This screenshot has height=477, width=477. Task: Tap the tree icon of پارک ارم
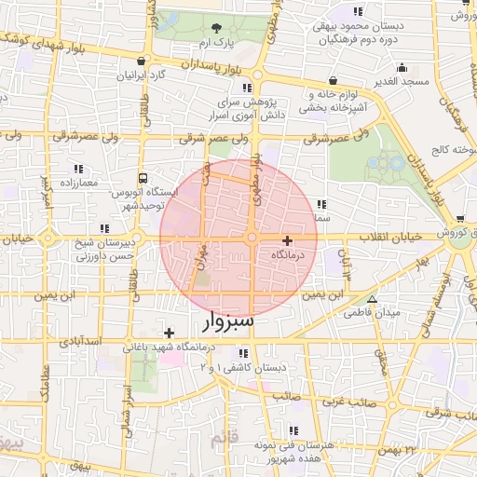(x=217, y=27)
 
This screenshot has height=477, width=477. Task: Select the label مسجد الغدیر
(x=402, y=81)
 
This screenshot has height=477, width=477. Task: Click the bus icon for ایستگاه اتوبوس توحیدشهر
(x=143, y=177)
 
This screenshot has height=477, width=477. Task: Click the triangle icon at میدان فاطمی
(x=372, y=300)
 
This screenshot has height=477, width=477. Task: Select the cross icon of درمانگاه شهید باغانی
(x=169, y=333)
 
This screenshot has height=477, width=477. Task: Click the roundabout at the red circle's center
(x=252, y=238)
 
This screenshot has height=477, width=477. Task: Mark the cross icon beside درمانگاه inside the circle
(x=287, y=240)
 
